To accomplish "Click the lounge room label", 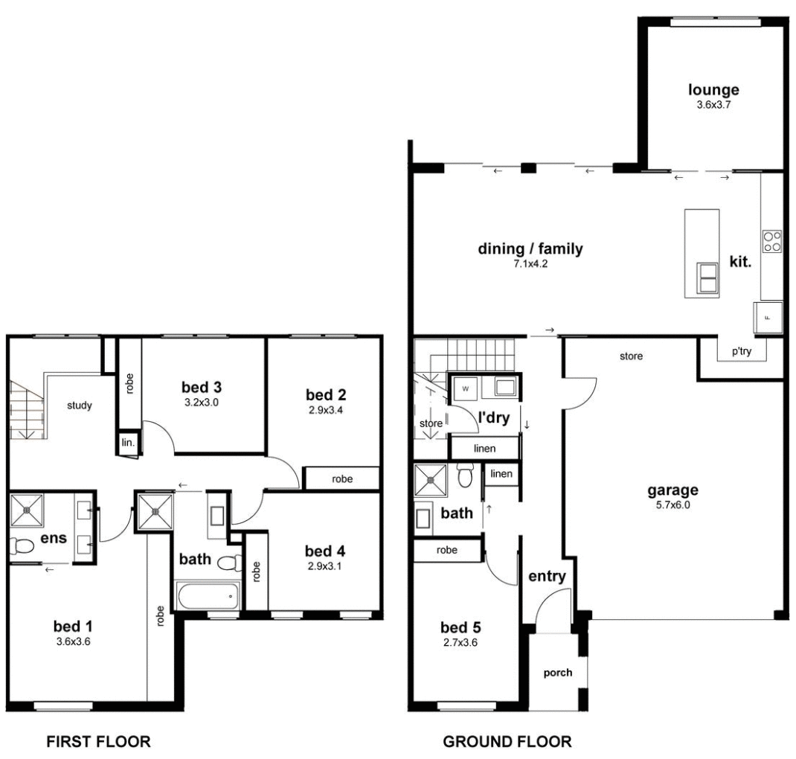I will pos(713,90).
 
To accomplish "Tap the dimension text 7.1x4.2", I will pos(530,263).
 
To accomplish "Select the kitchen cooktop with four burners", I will pos(772,241).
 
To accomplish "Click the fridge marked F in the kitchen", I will pos(769,318).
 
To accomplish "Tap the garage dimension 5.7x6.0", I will pos(672,505).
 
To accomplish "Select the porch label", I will pos(558,673).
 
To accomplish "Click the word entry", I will pos(548,576).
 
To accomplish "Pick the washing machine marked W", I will pos(466,388).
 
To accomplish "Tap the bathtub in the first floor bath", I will pos(208,595).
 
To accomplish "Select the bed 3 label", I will pos(202,387).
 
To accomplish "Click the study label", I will pos(79,406).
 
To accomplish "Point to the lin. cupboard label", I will pos(127,443).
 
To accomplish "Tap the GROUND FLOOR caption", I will pos(507,741).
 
